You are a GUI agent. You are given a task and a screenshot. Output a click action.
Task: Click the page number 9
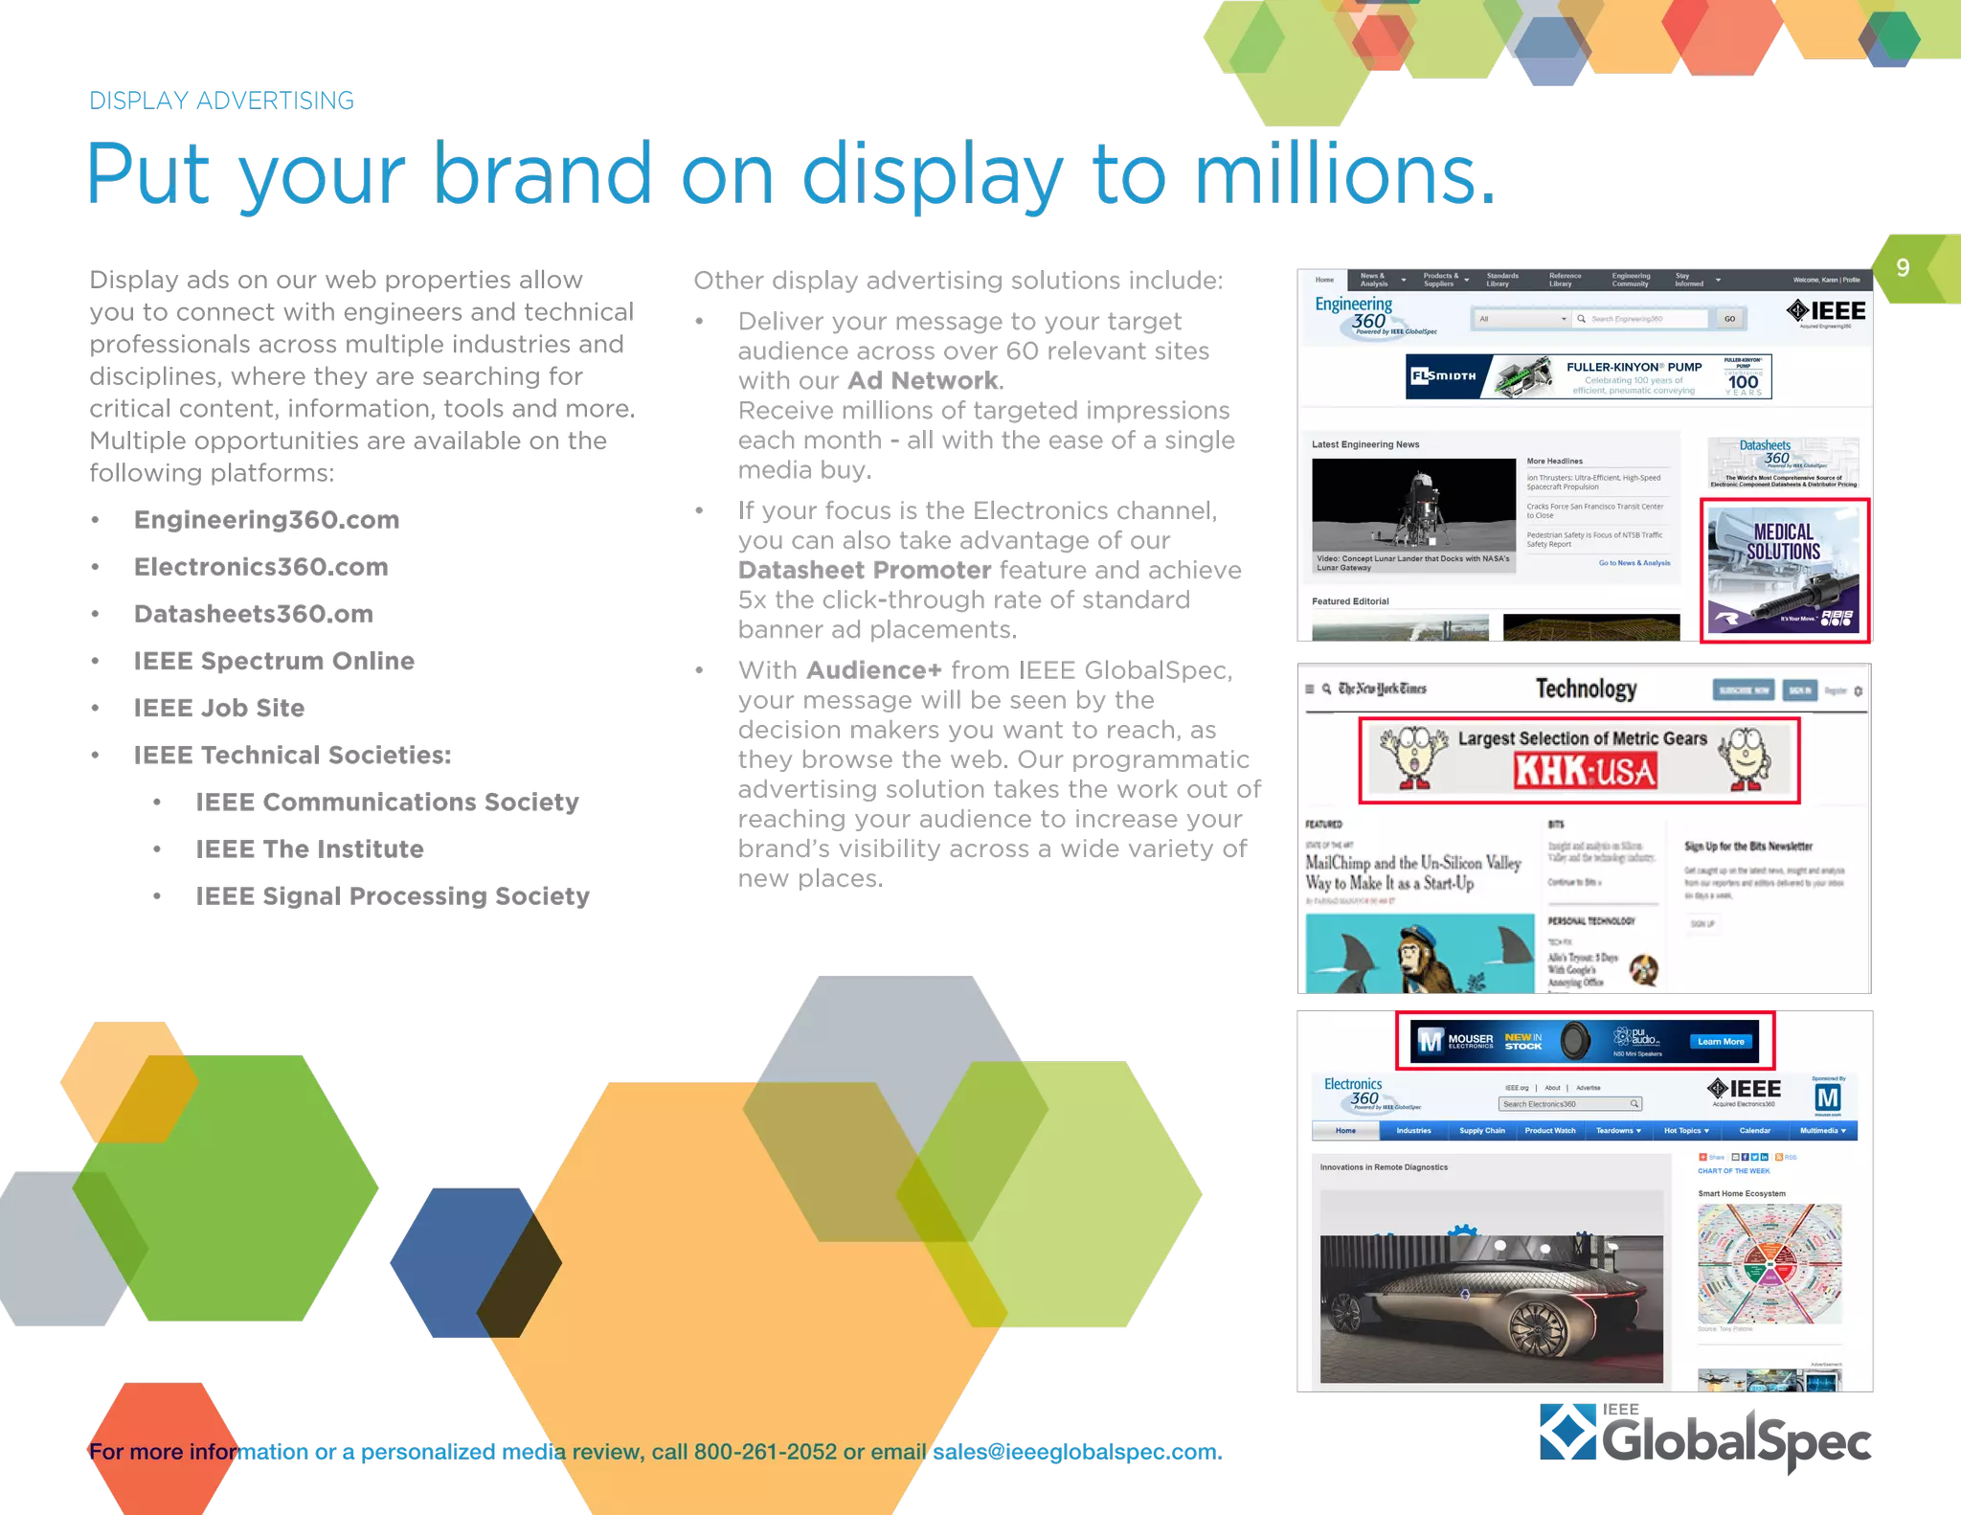pyautogui.click(x=1903, y=267)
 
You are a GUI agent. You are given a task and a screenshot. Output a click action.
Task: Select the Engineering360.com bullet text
pyautogui.click(x=266, y=520)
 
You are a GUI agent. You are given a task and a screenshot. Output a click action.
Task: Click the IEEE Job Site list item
pyautogui.click(x=218, y=709)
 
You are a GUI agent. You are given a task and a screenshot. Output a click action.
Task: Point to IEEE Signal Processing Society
pyautogui.click(x=392, y=896)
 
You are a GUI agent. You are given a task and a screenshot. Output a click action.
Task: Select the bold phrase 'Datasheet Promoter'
pyautogui.click(x=865, y=571)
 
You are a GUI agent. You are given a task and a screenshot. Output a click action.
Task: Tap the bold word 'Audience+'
pyautogui.click(x=873, y=670)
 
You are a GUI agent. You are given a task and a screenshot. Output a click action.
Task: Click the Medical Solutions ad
pyautogui.click(x=1784, y=570)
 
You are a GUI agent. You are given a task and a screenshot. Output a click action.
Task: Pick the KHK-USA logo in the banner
pyautogui.click(x=1585, y=771)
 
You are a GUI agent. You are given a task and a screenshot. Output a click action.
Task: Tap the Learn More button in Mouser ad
pyautogui.click(x=1721, y=1042)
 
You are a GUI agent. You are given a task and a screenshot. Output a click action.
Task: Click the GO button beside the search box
pyautogui.click(x=1729, y=319)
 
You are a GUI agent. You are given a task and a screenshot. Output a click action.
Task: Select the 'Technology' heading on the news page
pyautogui.click(x=1586, y=689)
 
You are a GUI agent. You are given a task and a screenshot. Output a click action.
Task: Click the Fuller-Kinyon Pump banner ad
pyautogui.click(x=1589, y=376)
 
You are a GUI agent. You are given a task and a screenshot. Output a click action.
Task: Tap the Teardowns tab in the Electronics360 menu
pyautogui.click(x=1617, y=1131)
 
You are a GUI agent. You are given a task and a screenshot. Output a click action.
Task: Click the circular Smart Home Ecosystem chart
pyautogui.click(x=1769, y=1264)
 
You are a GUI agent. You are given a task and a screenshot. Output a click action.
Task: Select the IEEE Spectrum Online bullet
pyautogui.click(x=274, y=662)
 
